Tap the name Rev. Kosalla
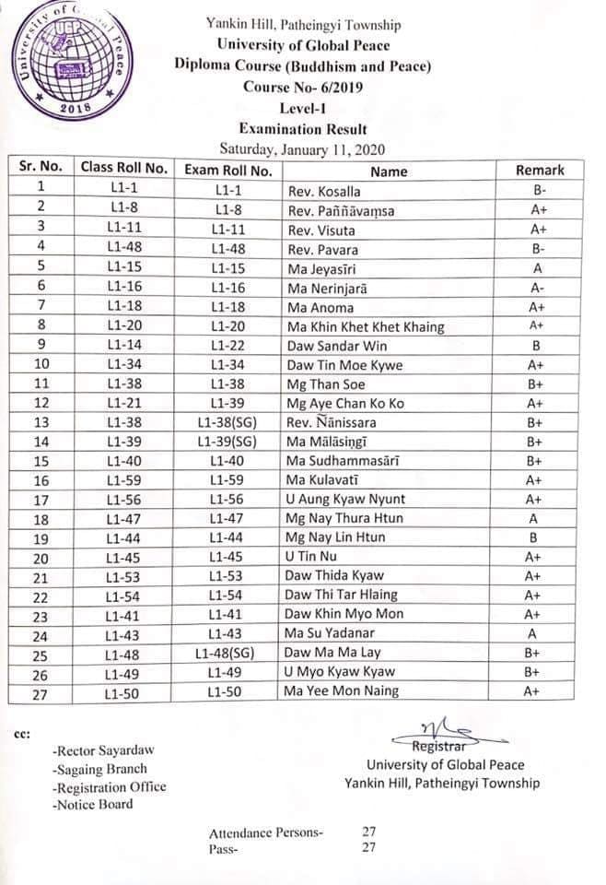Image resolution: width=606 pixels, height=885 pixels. click(x=324, y=192)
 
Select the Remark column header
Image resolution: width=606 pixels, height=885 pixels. click(x=540, y=170)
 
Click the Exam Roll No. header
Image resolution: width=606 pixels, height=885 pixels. click(x=228, y=171)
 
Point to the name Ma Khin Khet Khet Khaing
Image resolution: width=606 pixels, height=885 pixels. click(x=366, y=327)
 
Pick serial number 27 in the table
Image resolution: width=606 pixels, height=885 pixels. click(x=40, y=692)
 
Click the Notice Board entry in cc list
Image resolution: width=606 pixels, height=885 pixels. click(x=93, y=804)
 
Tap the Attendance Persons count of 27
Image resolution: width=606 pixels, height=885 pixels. click(x=370, y=832)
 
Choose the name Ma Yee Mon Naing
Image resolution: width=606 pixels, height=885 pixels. click(x=342, y=691)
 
